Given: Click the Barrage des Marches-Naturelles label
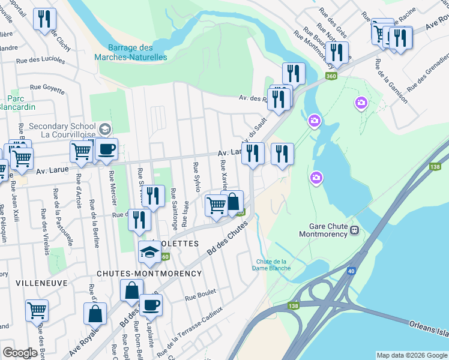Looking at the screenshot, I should (130, 52).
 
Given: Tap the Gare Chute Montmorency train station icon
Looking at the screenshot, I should (355, 229).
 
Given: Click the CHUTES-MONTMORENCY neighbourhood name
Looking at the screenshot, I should (149, 274).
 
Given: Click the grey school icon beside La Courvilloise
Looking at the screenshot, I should (105, 130).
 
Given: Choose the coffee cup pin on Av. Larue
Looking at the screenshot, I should (107, 149).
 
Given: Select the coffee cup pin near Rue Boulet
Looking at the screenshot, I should (151, 305).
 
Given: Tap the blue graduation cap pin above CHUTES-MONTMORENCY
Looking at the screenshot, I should (149, 252).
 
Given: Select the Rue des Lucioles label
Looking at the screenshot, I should (40, 61).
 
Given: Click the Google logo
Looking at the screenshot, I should (20, 353).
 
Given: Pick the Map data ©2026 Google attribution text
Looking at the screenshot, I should (412, 355).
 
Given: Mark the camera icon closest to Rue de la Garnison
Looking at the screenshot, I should (361, 104).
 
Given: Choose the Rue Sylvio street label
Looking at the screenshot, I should (196, 176).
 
